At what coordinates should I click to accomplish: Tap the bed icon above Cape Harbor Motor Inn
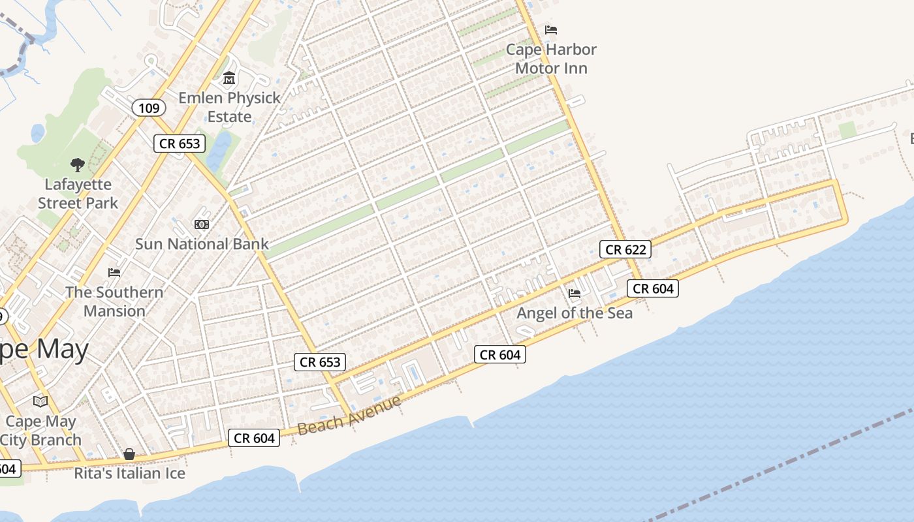point(551,30)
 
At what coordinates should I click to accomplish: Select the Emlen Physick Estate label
point(229,107)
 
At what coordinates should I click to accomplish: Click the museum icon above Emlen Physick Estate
point(229,79)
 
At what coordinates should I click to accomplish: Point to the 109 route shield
point(149,108)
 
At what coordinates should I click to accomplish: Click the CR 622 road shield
point(625,249)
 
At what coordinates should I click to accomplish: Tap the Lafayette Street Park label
point(78,194)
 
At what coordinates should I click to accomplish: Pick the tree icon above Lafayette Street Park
point(78,165)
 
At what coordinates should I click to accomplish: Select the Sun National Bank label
point(202,244)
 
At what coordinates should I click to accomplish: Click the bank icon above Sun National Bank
point(202,224)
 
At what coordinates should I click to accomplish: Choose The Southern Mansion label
point(114,301)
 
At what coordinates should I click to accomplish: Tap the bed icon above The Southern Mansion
point(114,272)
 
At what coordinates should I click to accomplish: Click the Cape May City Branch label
point(40,431)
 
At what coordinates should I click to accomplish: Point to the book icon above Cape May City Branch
point(40,401)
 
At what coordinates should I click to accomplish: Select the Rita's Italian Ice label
point(129,473)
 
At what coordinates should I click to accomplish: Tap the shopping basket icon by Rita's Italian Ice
point(129,453)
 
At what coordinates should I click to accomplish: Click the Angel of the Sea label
point(575,313)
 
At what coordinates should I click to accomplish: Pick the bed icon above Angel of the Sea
point(575,294)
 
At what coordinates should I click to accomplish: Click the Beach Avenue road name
point(349,416)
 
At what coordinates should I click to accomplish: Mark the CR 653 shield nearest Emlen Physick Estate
point(180,144)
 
